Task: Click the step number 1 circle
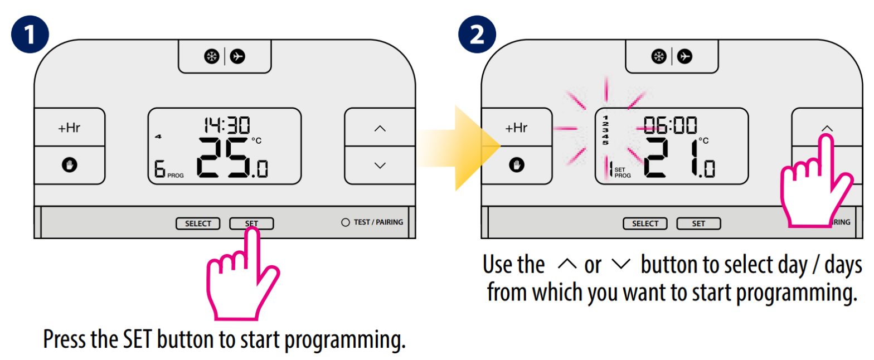click(x=30, y=35)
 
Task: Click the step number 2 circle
click(x=477, y=35)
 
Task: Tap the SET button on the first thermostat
click(x=251, y=223)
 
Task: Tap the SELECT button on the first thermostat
click(x=198, y=223)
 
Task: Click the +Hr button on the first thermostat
click(x=69, y=128)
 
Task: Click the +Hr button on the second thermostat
click(x=516, y=128)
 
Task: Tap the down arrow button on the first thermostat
click(x=380, y=165)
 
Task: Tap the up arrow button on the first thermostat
click(x=380, y=128)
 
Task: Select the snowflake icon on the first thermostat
click(x=212, y=56)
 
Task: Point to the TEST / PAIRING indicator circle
click(x=345, y=222)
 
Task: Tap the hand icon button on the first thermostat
click(x=69, y=165)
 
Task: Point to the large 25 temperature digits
click(x=224, y=158)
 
